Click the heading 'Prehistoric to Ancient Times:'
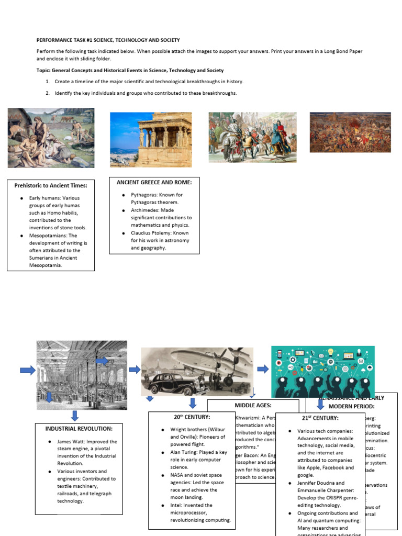pyautogui.click(x=51, y=185)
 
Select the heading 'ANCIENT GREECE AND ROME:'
pyautogui.click(x=154, y=182)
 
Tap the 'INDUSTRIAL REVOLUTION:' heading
pyautogui.click(x=79, y=428)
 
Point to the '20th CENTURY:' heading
pyautogui.click(x=192, y=417)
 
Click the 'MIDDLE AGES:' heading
pyautogui.click(x=253, y=405)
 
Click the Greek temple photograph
pyautogui.click(x=151, y=139)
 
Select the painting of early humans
pyautogui.click(x=51, y=138)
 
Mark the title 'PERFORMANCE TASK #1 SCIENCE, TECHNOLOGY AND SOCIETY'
pyautogui.click(x=108, y=40)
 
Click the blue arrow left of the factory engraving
pyautogui.click(x=28, y=371)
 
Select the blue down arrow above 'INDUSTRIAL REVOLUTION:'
pyautogui.click(x=75, y=416)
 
